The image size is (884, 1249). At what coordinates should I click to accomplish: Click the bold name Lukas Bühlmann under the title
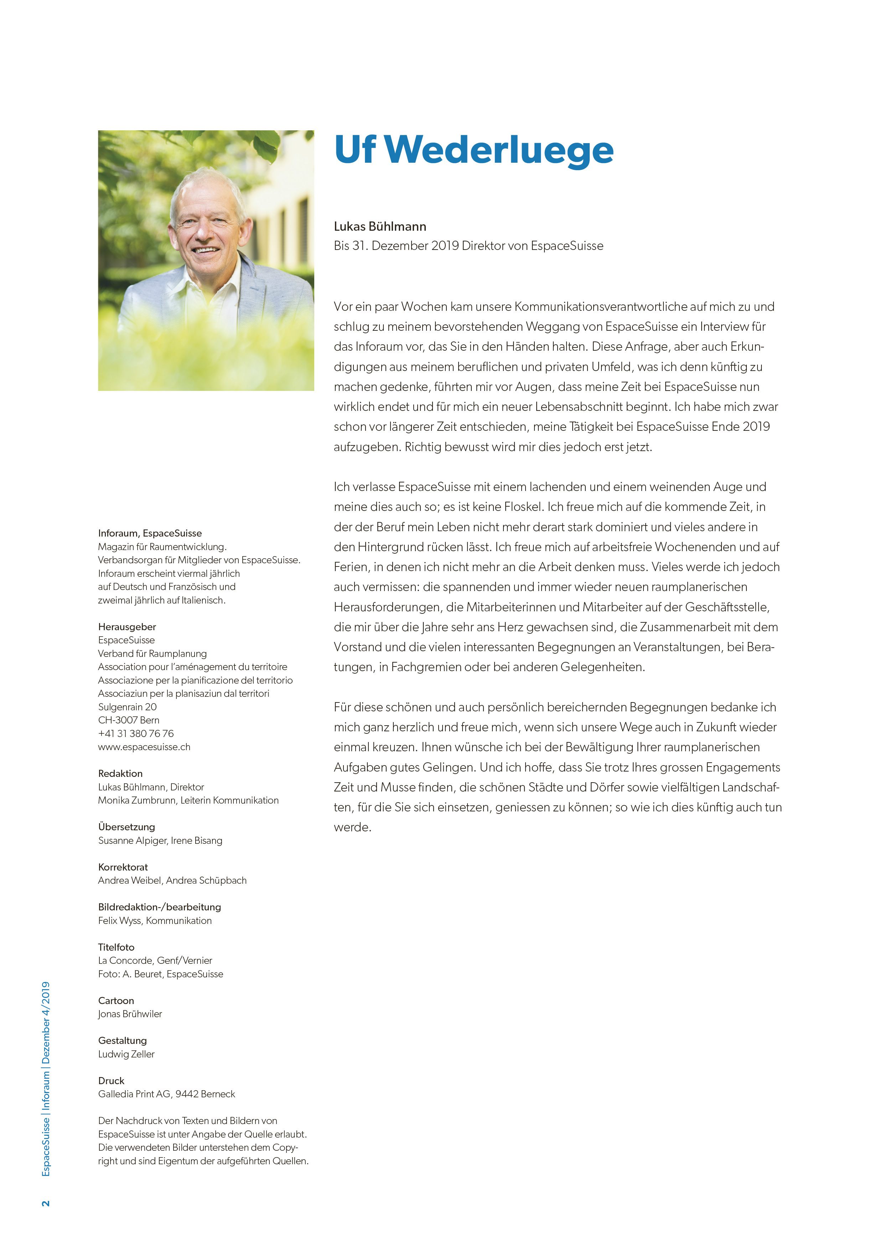380,226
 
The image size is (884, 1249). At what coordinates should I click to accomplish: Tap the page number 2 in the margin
46,1203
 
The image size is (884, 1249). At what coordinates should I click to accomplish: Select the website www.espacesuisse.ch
144,747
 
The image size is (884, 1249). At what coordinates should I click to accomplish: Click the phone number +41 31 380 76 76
136,733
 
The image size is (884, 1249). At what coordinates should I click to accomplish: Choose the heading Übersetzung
126,827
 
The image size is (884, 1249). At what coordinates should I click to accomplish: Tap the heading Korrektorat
123,867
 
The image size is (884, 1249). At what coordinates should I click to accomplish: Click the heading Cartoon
116,1000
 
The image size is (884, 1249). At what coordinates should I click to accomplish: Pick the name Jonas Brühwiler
130,1014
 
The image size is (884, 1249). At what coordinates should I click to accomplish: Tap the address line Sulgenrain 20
127,707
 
